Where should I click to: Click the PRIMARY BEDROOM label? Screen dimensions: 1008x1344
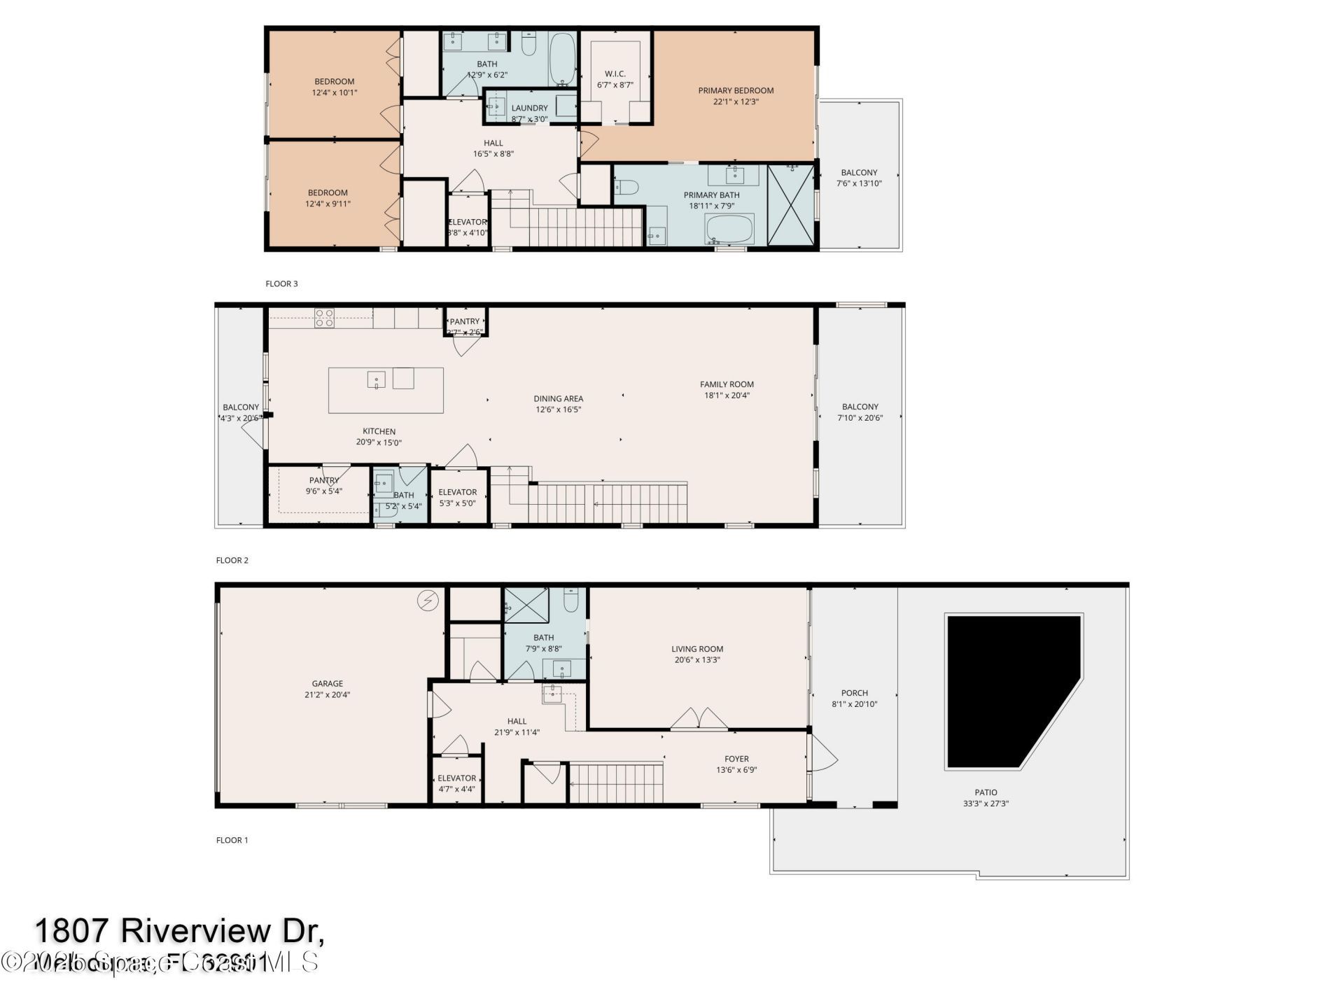pyautogui.click(x=736, y=90)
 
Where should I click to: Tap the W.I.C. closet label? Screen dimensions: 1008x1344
pyautogui.click(x=615, y=73)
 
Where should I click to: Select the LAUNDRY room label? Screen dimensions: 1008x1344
pyautogui.click(x=529, y=108)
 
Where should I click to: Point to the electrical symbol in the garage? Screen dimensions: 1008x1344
pyautogui.click(x=427, y=601)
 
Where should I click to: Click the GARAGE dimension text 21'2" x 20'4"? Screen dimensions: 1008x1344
pyautogui.click(x=327, y=695)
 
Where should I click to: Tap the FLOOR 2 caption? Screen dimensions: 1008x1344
pyautogui.click(x=232, y=560)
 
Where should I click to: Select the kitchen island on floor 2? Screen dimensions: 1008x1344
pyautogui.click(x=386, y=390)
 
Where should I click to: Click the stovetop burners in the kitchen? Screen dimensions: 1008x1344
pyautogui.click(x=324, y=318)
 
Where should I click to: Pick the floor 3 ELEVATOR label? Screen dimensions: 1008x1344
pyautogui.click(x=468, y=222)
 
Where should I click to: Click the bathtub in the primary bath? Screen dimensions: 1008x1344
pyautogui.click(x=729, y=228)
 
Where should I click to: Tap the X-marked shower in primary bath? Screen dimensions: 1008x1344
pyautogui.click(x=791, y=204)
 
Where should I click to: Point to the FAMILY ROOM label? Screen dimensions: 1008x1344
pyautogui.click(x=727, y=384)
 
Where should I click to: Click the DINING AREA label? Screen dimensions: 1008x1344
pyautogui.click(x=558, y=399)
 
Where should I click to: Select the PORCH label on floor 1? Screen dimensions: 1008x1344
pyautogui.click(x=854, y=693)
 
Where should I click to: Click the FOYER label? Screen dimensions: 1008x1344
pyautogui.click(x=736, y=759)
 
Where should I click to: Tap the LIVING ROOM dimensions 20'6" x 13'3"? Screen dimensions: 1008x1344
pyautogui.click(x=696, y=659)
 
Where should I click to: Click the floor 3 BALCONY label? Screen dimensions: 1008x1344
pyautogui.click(x=859, y=172)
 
